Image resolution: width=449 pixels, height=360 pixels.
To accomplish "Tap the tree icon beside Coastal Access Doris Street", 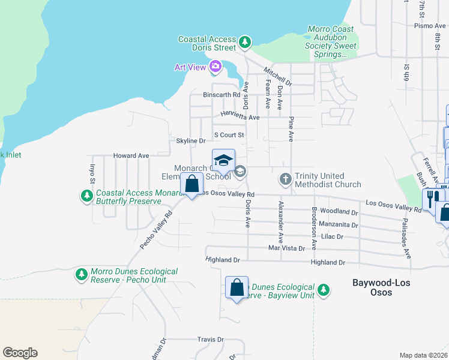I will click(x=244, y=42).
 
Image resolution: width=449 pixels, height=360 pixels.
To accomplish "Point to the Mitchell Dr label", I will click(x=278, y=75).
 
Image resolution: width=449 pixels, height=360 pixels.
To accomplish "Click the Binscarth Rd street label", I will click(x=221, y=95).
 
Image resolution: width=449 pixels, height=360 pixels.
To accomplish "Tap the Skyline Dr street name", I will click(x=191, y=141).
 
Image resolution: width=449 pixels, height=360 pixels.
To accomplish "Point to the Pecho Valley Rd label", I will click(x=156, y=229).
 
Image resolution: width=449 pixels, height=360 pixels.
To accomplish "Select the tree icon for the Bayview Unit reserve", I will click(x=324, y=290).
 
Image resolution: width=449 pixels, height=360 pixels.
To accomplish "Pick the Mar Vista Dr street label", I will click(x=286, y=248).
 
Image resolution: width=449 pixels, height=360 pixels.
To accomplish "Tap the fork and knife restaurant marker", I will click(x=431, y=199).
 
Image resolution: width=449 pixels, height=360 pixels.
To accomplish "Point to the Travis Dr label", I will click(x=210, y=340).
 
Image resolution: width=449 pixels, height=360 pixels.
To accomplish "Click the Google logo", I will click(x=20, y=353).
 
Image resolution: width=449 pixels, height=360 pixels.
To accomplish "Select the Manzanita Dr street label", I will click(x=339, y=226).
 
